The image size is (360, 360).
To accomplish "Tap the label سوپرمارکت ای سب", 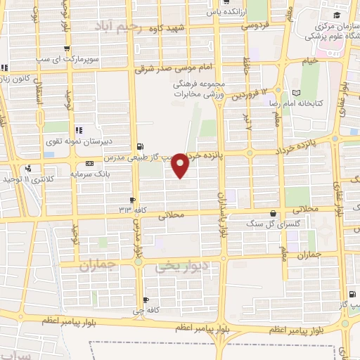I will click(x=68, y=59).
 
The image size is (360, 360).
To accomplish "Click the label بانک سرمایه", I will click(x=89, y=173).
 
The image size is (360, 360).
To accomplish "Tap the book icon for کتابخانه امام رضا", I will click(x=296, y=92).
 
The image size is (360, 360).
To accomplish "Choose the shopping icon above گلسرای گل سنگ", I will click(x=273, y=213).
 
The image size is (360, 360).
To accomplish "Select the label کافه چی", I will click(x=146, y=310).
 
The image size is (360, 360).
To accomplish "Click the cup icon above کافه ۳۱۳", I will click(x=132, y=200).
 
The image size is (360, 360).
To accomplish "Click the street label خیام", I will click(x=309, y=61).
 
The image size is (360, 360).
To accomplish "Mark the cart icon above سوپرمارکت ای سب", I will click(x=67, y=49).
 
